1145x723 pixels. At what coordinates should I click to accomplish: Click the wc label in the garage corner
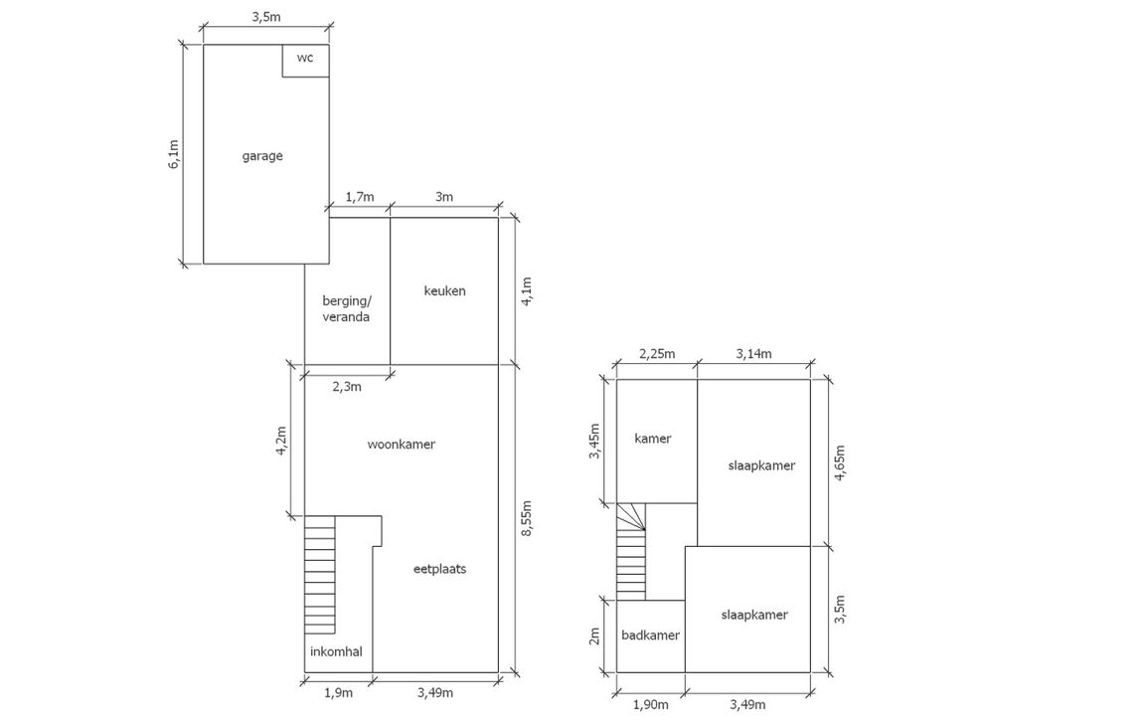[x=305, y=59]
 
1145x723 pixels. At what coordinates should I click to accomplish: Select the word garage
[x=262, y=156]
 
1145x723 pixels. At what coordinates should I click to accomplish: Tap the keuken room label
[x=444, y=291]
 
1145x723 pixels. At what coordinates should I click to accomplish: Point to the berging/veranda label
[x=346, y=309]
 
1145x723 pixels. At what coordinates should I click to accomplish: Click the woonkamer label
[x=401, y=445]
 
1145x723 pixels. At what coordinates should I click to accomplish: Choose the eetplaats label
[x=440, y=570]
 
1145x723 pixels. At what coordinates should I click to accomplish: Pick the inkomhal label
[x=336, y=652]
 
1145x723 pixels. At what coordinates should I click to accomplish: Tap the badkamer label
[x=650, y=635]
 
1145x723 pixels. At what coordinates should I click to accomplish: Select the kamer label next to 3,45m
[x=652, y=439]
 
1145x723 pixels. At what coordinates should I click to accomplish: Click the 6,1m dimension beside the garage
[x=174, y=154]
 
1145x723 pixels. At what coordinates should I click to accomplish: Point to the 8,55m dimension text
[x=527, y=519]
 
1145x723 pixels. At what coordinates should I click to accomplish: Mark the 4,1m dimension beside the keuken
[x=527, y=290]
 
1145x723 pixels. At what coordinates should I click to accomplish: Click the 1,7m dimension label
[x=359, y=197]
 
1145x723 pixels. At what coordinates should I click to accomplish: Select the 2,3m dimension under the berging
[x=345, y=386]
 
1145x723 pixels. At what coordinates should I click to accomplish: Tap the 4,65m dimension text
[x=841, y=462]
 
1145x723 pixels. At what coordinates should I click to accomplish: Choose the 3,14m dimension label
[x=752, y=353]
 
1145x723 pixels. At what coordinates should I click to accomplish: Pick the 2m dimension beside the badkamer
[x=595, y=634]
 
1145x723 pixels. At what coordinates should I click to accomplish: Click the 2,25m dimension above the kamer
[x=655, y=353]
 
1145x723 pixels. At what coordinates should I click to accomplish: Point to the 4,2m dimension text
[x=282, y=441]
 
